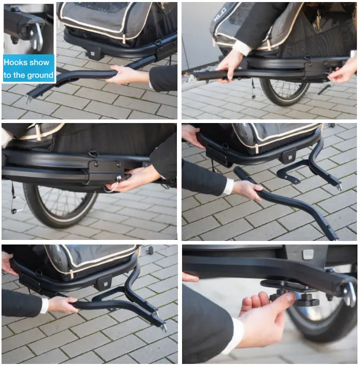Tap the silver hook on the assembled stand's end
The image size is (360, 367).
point(163,327)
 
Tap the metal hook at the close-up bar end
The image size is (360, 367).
point(350,295)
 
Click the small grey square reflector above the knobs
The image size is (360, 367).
point(308,254)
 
